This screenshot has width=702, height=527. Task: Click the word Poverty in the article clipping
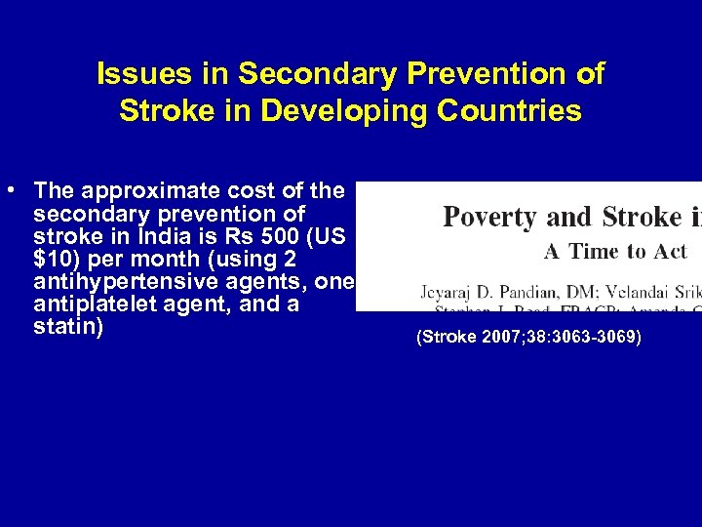pos(489,217)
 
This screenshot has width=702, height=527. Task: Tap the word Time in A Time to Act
pos(597,252)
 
